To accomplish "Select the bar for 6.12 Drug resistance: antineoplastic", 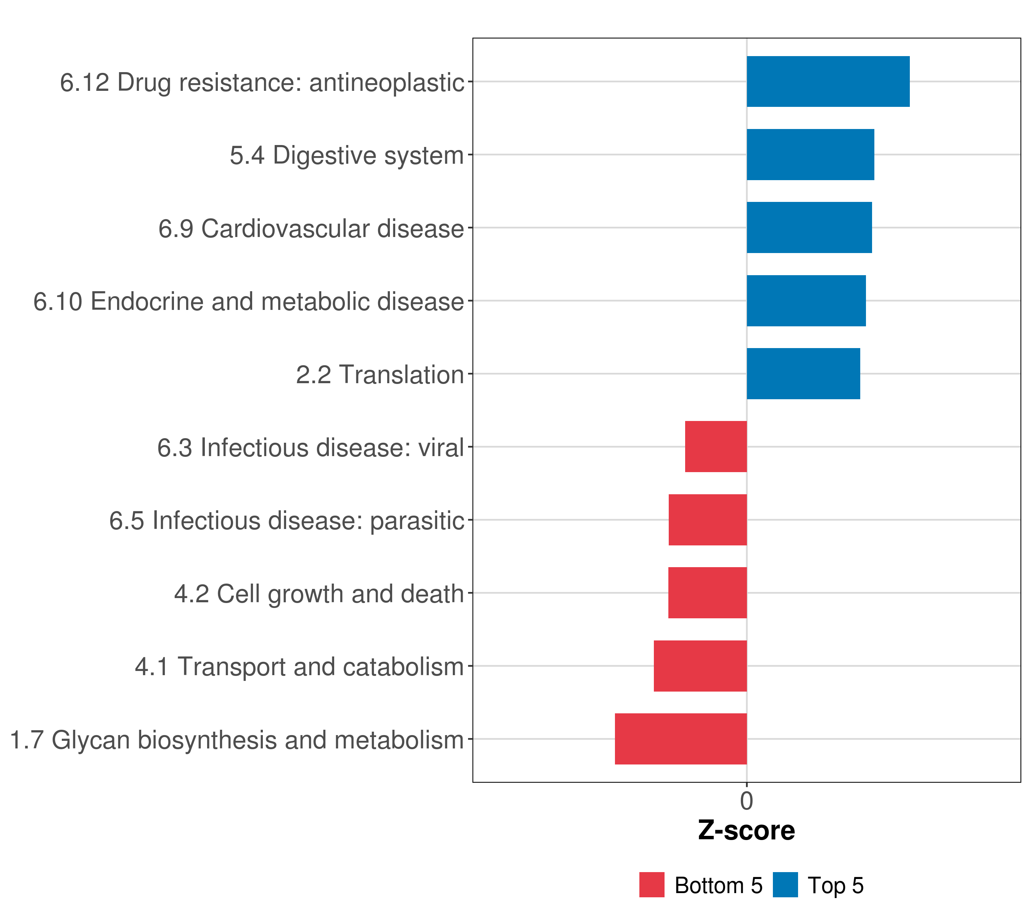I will point(827,81).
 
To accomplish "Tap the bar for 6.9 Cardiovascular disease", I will point(809,227).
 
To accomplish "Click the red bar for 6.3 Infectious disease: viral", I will point(716,446).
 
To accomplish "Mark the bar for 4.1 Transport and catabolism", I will point(700,666).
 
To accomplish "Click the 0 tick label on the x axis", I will point(746,801).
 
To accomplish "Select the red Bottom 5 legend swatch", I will point(652,885).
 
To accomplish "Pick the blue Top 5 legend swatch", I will point(785,885).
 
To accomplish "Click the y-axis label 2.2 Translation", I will point(380,374).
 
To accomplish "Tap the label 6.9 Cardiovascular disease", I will point(311,228).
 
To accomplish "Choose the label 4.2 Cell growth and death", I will point(319,593).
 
